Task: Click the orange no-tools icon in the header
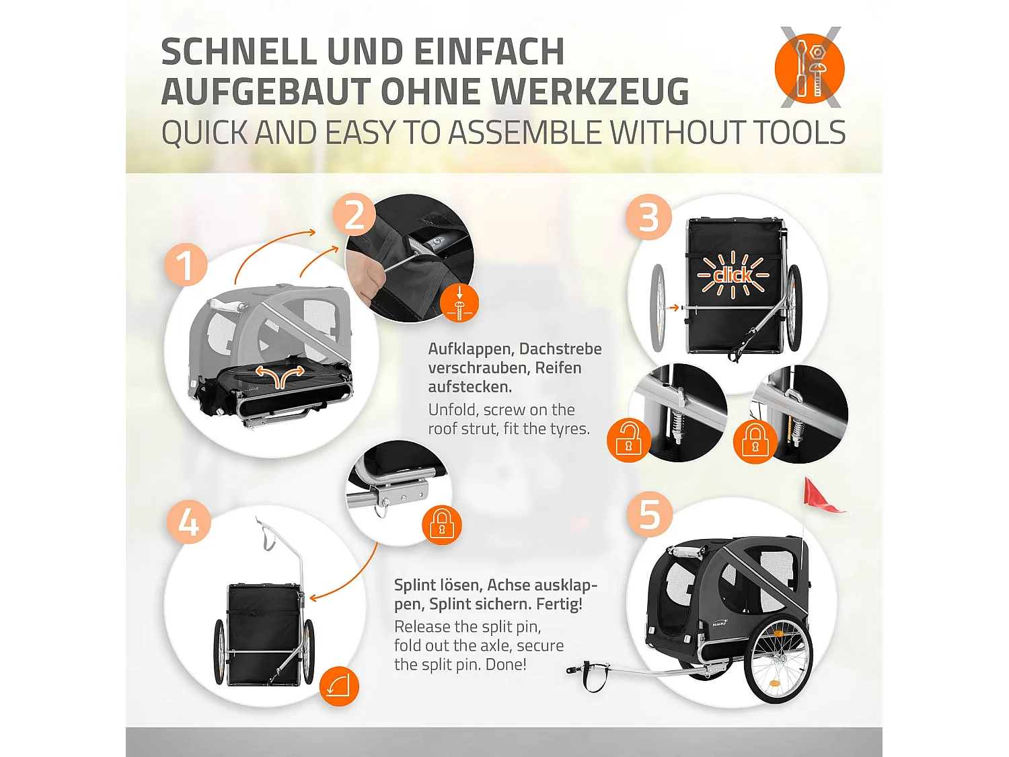pyautogui.click(x=809, y=68)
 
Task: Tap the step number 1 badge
pyautogui.click(x=186, y=264)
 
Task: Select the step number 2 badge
pyautogui.click(x=354, y=215)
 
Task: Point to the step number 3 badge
pyautogui.click(x=648, y=217)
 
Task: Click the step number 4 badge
pyautogui.click(x=189, y=522)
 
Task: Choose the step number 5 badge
pyautogui.click(x=649, y=514)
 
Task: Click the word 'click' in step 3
pyautogui.click(x=733, y=275)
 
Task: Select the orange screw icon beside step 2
pyautogui.click(x=459, y=303)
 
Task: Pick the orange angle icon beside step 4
pyautogui.click(x=339, y=686)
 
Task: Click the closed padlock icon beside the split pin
pyautogui.click(x=442, y=525)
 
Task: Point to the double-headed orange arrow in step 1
pyautogui.click(x=280, y=376)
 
